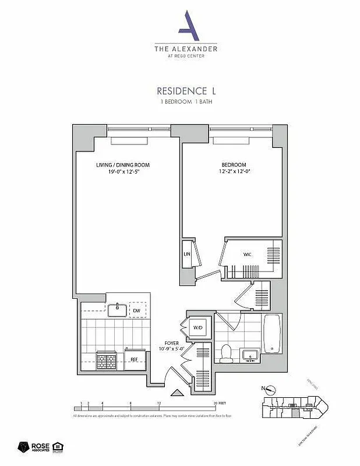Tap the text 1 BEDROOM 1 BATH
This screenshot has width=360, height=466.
click(x=186, y=102)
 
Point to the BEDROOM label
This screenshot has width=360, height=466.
click(x=234, y=165)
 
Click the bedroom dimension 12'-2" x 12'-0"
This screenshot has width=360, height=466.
click(x=234, y=172)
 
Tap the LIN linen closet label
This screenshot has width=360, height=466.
click(x=187, y=255)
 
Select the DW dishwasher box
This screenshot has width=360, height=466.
click(x=137, y=310)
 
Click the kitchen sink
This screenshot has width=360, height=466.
click(x=117, y=308)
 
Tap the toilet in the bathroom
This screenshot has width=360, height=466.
click(x=227, y=352)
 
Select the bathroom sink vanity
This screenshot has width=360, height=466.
click(x=252, y=355)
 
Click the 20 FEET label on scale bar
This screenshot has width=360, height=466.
click(x=218, y=403)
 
